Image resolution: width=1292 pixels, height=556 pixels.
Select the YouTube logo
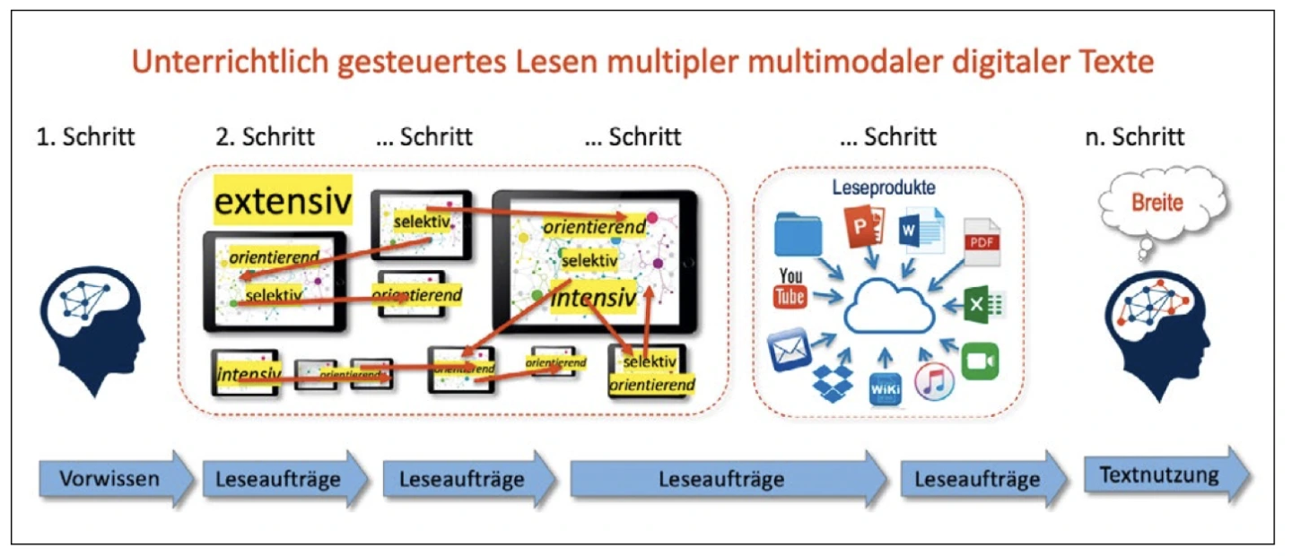coord(790,287)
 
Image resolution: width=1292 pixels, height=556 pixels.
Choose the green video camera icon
coord(980,361)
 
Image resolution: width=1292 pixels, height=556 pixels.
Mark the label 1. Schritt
coord(86,137)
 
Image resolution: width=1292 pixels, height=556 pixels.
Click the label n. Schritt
coord(1134,137)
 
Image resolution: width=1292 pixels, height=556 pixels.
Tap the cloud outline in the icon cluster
coord(888,309)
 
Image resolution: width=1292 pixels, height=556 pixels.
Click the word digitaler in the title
coord(968,64)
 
